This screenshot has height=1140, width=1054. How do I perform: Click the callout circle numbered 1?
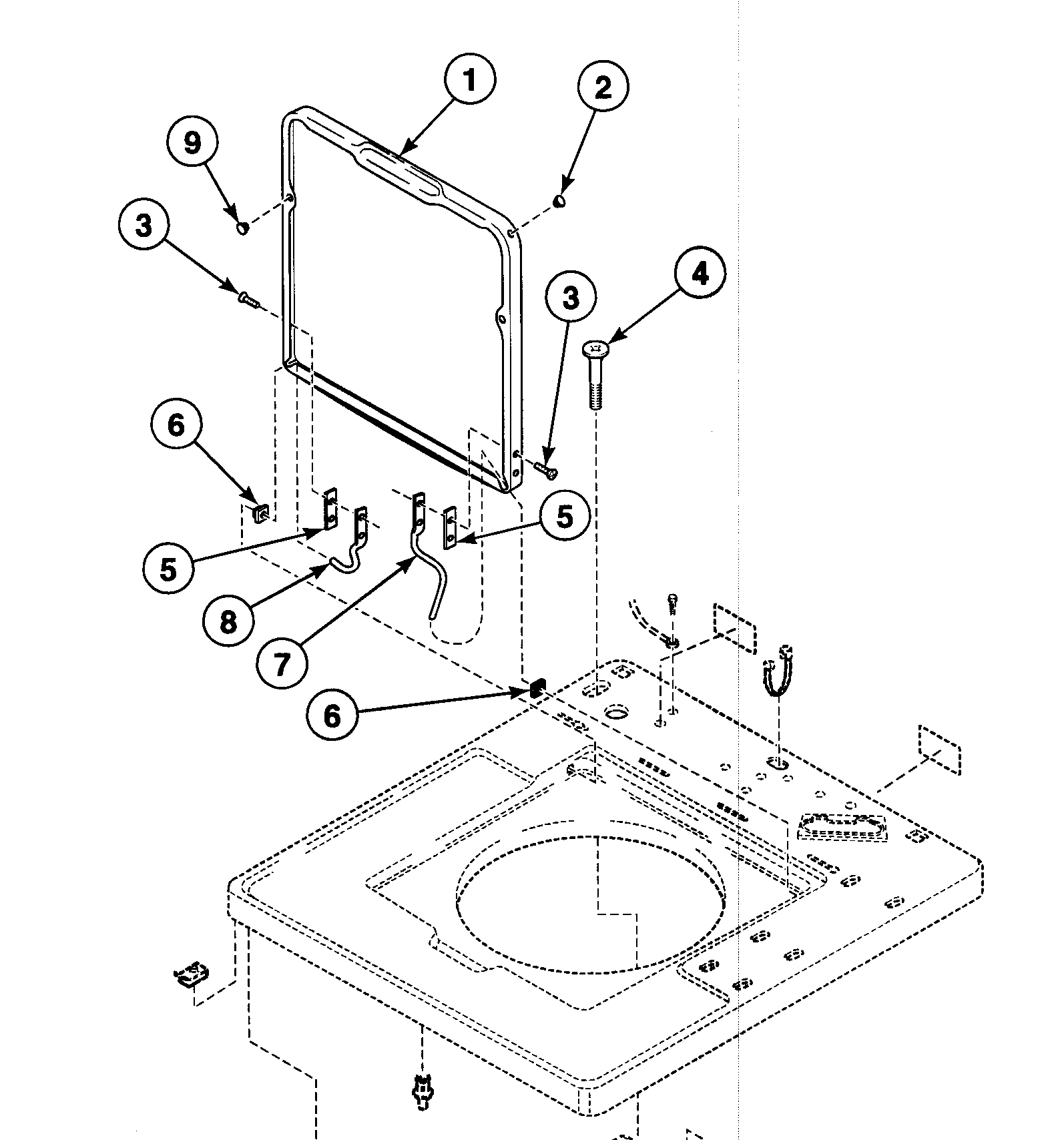click(x=470, y=79)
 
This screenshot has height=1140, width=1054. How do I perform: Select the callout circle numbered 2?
click(x=602, y=87)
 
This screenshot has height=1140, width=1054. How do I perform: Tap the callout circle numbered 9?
click(x=192, y=142)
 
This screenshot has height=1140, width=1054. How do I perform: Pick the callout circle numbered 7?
click(x=282, y=663)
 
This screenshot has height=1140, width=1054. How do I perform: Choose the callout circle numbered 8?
click(x=228, y=622)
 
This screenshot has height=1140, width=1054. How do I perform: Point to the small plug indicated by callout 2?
click(x=559, y=200)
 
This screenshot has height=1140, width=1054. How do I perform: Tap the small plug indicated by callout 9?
click(x=243, y=229)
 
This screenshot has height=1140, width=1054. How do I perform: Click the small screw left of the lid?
click(x=248, y=300)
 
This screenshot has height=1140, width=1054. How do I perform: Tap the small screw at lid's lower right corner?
click(x=545, y=470)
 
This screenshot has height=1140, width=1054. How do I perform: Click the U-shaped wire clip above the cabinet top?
click(x=777, y=671)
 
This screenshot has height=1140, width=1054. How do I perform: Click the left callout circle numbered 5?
click(x=168, y=569)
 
